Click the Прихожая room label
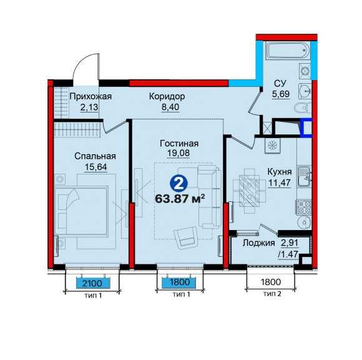[90, 96]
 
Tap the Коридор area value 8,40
[170, 107]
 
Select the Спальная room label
[95, 156]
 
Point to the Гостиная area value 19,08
[179, 153]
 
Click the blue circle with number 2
[179, 183]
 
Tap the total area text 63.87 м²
[180, 199]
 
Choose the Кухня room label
[280, 172]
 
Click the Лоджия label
[259, 243]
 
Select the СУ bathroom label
[280, 83]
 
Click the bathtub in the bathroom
[287, 51]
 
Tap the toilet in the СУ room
[303, 107]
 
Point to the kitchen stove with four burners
[305, 207]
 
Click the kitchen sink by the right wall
[305, 177]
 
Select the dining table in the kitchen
[249, 191]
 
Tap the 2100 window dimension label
[92, 282]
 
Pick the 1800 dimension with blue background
[179, 282]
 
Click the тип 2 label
[272, 294]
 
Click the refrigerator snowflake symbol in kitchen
[272, 146]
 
